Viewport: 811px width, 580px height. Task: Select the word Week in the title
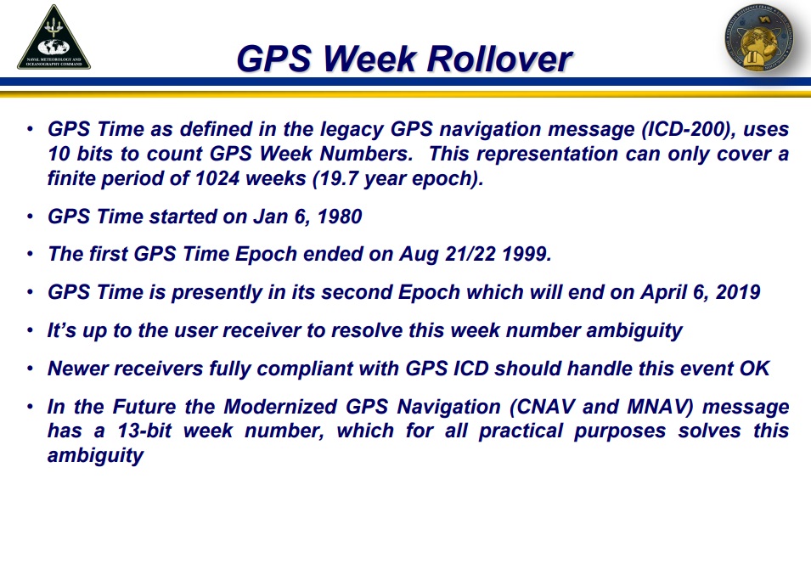point(370,59)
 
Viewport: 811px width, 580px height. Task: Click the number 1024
point(217,178)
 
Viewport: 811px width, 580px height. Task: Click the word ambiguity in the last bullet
point(96,456)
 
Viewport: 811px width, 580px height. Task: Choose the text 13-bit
point(144,431)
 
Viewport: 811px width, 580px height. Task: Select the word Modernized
point(280,407)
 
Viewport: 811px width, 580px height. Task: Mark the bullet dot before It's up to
point(30,330)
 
